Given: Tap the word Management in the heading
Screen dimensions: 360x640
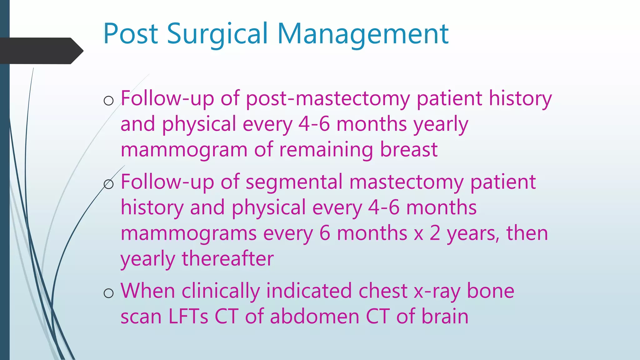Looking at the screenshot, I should click(x=363, y=34).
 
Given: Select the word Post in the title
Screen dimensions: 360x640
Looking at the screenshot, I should click(x=131, y=34).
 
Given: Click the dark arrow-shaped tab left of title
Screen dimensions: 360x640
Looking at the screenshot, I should click(x=41, y=51).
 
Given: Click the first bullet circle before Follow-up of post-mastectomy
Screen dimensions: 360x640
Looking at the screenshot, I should click(x=108, y=101).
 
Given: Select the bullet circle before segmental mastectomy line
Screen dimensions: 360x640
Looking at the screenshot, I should click(x=108, y=184).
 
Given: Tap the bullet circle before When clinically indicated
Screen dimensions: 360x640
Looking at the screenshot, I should click(x=108, y=293).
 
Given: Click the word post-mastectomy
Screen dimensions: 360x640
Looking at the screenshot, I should click(x=327, y=99).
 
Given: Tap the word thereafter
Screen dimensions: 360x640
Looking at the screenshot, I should click(x=228, y=259).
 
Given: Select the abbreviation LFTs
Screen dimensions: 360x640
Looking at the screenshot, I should click(x=188, y=316).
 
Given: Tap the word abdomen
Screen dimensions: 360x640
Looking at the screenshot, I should click(x=315, y=316).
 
